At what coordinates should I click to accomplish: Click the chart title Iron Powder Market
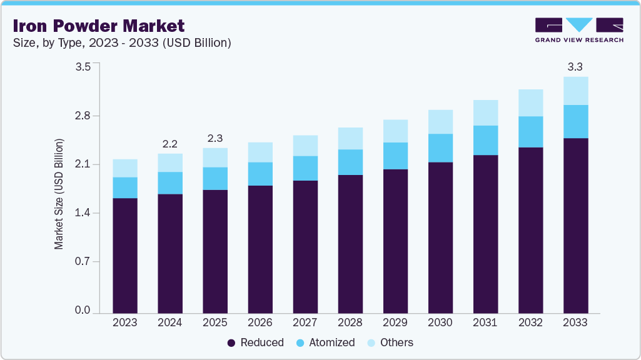tap(99, 26)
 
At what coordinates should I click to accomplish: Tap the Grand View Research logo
tap(579, 29)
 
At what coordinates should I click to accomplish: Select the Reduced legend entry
tap(255, 342)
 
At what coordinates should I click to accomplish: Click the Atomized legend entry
tap(326, 342)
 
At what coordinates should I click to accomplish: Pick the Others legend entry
tap(390, 342)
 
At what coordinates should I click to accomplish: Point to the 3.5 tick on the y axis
tap(83, 66)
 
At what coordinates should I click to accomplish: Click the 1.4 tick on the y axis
tap(83, 213)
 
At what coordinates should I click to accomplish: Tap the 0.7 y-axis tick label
tap(83, 261)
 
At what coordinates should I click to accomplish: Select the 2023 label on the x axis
tap(125, 323)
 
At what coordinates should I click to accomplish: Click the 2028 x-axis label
tap(350, 323)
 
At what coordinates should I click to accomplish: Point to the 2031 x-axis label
tap(485, 323)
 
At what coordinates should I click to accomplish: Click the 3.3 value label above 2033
tap(575, 66)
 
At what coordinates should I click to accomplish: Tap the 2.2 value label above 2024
tap(170, 144)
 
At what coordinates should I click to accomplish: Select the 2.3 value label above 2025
tap(215, 138)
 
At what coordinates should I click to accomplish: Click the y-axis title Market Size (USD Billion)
tap(59, 194)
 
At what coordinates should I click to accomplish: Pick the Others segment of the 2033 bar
tap(575, 91)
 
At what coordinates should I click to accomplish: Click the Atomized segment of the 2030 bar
tap(440, 148)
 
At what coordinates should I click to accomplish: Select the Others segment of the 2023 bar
tap(125, 168)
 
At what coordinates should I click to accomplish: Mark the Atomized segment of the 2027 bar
tap(305, 168)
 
